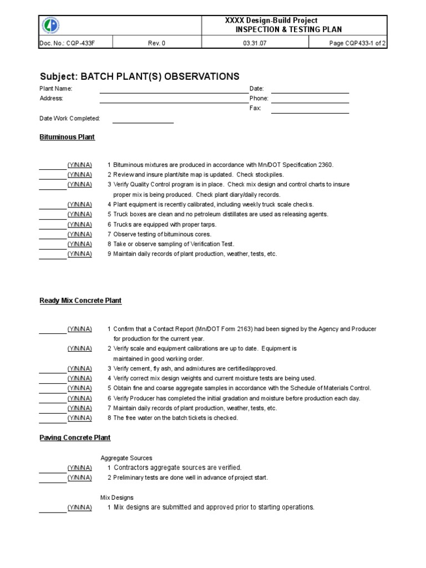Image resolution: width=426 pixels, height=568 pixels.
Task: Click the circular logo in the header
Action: click(52, 25)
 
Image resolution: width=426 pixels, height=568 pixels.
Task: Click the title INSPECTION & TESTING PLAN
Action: click(289, 29)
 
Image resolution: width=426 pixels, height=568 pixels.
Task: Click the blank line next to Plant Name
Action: click(170, 89)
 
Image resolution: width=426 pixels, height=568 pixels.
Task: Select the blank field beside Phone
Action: click(310, 99)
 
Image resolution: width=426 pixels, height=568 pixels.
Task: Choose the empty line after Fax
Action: click(310, 109)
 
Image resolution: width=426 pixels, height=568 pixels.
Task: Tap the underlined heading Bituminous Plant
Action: click(67, 137)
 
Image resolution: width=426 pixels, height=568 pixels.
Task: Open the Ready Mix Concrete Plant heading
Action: click(80, 301)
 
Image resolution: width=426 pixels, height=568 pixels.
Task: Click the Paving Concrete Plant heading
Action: click(75, 438)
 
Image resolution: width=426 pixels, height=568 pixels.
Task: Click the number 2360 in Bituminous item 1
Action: click(324, 165)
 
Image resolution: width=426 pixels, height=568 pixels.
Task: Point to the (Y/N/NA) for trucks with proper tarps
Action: click(80, 225)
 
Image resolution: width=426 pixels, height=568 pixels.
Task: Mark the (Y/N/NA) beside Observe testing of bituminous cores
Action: click(80, 234)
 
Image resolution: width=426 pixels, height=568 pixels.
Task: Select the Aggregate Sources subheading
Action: click(126, 458)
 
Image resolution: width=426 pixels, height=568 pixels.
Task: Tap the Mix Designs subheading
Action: click(117, 498)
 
